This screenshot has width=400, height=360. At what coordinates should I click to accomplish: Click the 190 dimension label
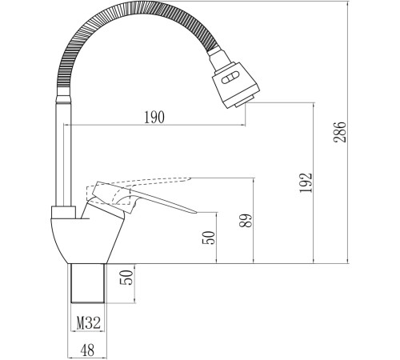pyautogui.click(x=154, y=118)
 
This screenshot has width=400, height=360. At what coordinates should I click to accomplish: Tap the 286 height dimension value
pyautogui.click(x=340, y=132)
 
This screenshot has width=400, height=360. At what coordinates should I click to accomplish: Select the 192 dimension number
pyautogui.click(x=306, y=182)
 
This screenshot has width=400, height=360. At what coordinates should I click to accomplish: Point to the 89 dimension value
pyautogui.click(x=246, y=220)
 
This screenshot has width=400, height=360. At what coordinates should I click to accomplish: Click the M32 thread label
pyautogui.click(x=89, y=323)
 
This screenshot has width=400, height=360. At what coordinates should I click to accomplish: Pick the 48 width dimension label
pyautogui.click(x=87, y=350)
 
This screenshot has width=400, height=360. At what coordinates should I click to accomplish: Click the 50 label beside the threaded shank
pyautogui.click(x=126, y=278)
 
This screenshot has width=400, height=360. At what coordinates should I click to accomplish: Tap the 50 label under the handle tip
pyautogui.click(x=209, y=238)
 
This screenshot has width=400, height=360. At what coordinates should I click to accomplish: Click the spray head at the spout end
pyautogui.click(x=235, y=85)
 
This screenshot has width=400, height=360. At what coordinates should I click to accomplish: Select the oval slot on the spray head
pyautogui.click(x=229, y=79)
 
